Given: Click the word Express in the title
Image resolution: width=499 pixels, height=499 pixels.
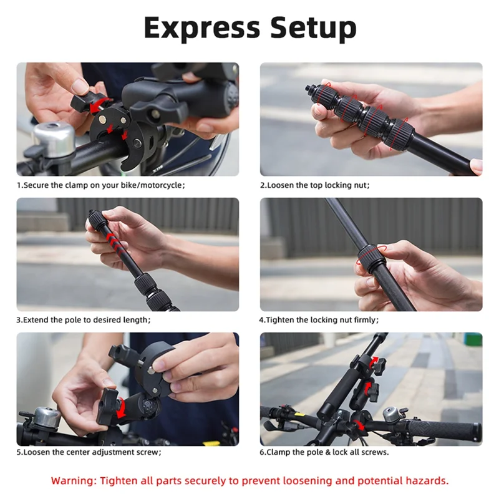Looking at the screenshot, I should point(201,27).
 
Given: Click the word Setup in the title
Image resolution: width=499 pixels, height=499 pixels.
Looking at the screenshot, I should point(312,27).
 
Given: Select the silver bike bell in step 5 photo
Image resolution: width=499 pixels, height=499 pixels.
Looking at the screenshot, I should point(42,417).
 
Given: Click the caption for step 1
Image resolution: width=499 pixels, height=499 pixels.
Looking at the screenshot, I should point(101,185).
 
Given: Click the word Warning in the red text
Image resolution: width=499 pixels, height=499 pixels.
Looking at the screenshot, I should point(74,480).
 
